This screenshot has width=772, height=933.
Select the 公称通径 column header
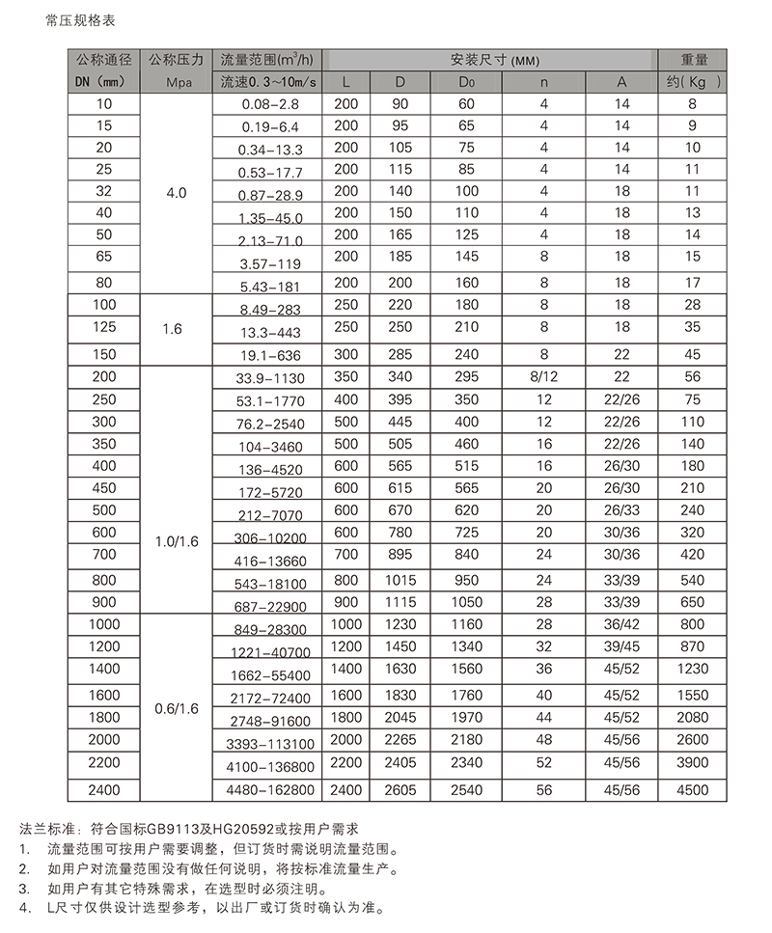click(105, 60)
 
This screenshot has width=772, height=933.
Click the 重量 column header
click(693, 60)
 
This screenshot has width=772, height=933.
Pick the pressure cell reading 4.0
click(177, 193)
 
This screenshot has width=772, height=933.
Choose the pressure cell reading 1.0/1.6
click(177, 542)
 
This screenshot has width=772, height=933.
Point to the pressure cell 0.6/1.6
click(177, 708)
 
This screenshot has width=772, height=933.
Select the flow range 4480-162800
click(269, 790)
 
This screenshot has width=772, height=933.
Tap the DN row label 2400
click(105, 790)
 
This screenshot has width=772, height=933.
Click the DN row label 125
click(105, 327)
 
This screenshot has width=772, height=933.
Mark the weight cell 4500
click(693, 790)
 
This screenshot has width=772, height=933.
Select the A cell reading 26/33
click(621, 510)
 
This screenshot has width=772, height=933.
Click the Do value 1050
click(467, 601)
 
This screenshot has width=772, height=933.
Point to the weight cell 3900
click(693, 762)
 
